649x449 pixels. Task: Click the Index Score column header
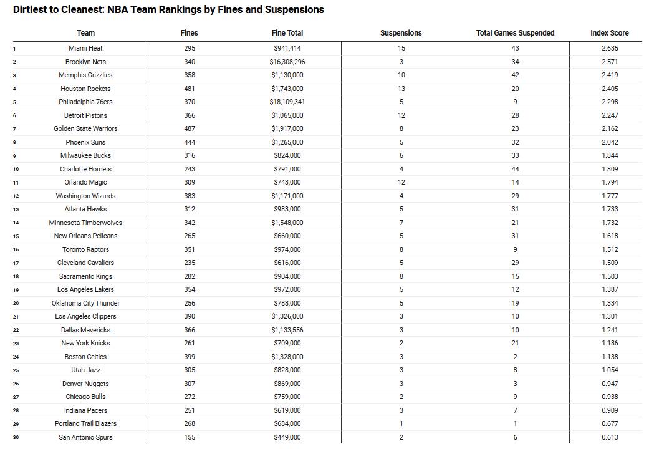(x=609, y=33)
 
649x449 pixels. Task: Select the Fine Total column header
(x=287, y=33)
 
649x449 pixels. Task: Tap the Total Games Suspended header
(x=515, y=33)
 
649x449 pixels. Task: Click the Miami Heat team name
(x=85, y=48)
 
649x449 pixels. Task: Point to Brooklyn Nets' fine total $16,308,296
(x=287, y=62)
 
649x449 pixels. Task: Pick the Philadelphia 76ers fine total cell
(x=287, y=102)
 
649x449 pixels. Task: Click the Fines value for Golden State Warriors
(x=190, y=128)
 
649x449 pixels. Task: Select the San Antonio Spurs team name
(x=85, y=437)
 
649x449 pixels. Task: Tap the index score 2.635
(x=610, y=48)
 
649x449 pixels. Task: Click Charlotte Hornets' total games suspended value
(x=515, y=169)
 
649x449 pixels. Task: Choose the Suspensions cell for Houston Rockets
(x=401, y=89)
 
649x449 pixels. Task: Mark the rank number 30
(x=16, y=437)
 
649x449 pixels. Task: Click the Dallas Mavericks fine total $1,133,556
(x=287, y=330)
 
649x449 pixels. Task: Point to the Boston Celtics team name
(x=85, y=357)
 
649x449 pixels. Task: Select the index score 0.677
(x=610, y=423)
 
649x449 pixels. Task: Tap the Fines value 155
(x=190, y=437)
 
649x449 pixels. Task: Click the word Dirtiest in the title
(x=31, y=10)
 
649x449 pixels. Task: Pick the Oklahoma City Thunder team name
(x=85, y=303)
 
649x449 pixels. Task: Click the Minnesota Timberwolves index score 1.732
(x=610, y=223)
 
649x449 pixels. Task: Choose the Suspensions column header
(x=401, y=33)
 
